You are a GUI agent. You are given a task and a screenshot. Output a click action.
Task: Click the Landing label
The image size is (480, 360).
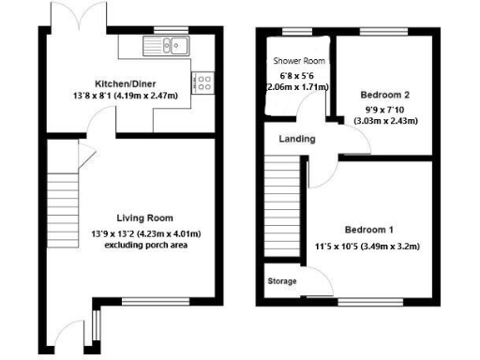tap(297, 139)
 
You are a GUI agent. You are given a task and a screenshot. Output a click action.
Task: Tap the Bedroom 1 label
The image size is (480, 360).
tap(368, 231)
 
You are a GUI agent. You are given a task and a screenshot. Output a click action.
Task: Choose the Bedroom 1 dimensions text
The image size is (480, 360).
tap(368, 247)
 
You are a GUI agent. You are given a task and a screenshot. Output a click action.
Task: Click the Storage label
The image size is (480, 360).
tap(282, 281)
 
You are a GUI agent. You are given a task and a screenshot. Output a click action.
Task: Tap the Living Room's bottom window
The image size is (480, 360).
tap(148, 303)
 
